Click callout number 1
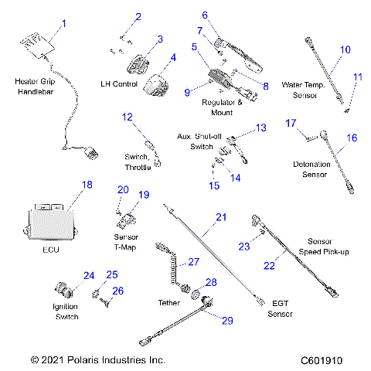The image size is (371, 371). [64, 23]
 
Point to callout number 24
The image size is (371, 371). [89, 275]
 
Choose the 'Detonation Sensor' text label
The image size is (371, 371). [312, 169]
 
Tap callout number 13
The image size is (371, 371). [260, 127]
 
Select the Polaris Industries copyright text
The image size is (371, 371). [98, 360]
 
